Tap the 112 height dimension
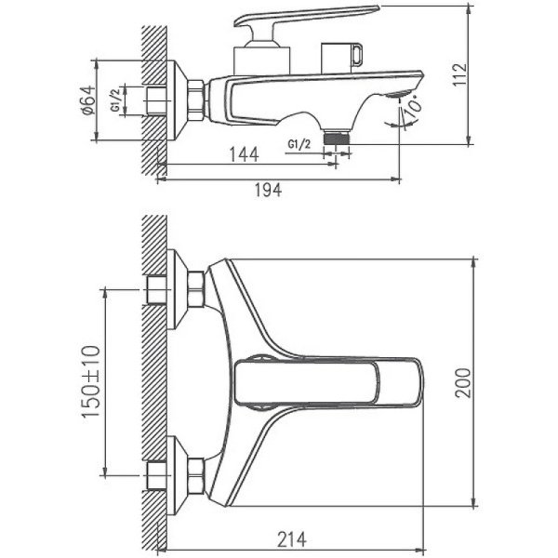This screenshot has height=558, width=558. [x=480, y=73]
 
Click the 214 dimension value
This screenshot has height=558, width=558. [x=291, y=538]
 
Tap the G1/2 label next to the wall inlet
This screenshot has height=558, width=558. [x=114, y=100]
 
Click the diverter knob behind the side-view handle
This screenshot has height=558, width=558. [x=341, y=58]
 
